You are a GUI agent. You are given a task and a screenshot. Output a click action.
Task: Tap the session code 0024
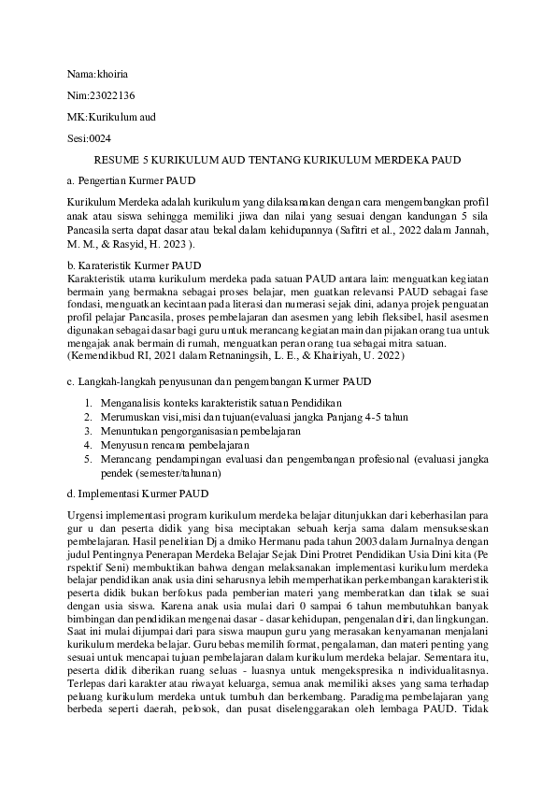pyautogui.click(x=98, y=138)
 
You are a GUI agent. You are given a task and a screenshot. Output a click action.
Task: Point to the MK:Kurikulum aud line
pyautogui.click(x=111, y=117)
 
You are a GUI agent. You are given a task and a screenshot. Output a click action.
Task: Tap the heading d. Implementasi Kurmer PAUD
pyautogui.click(x=137, y=493)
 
